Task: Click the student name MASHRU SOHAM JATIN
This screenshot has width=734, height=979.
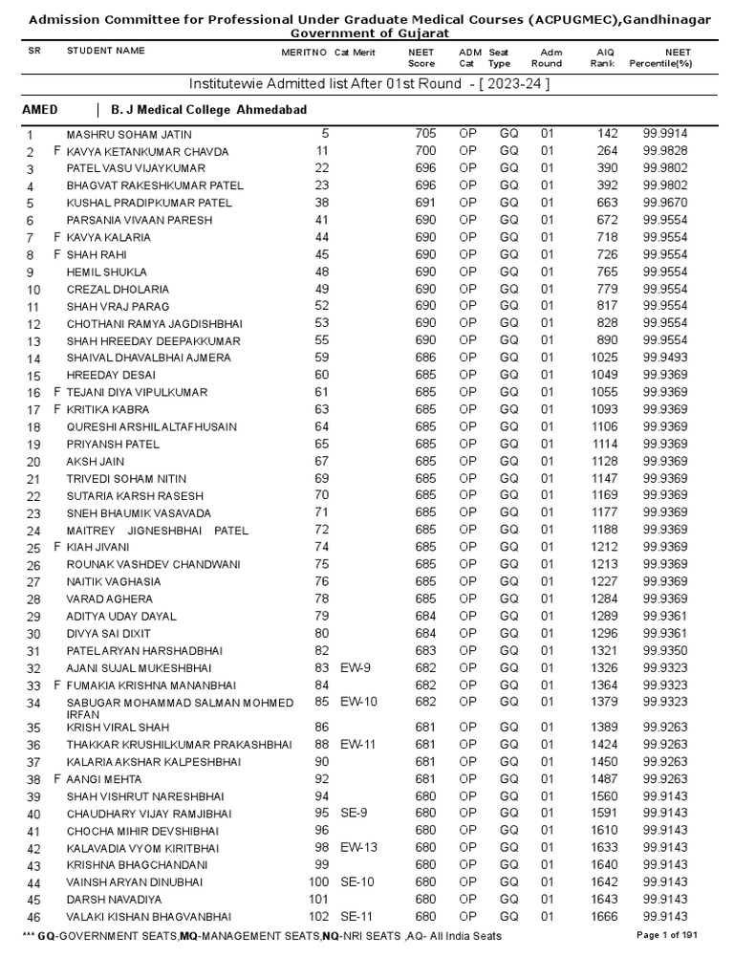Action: (x=129, y=134)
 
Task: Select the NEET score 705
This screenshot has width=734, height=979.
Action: (x=425, y=134)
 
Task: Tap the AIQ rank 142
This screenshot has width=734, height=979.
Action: (x=607, y=134)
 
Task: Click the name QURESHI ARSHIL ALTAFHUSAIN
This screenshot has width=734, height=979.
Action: (x=151, y=426)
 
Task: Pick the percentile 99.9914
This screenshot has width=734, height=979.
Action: (x=665, y=134)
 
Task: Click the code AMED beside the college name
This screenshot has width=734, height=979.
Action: (x=40, y=110)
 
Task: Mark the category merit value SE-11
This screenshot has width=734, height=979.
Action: (x=359, y=916)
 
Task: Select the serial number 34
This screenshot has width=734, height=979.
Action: (x=34, y=704)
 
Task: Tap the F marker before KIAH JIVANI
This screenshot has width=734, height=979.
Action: (x=57, y=547)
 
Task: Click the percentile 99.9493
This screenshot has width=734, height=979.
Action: (x=665, y=358)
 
